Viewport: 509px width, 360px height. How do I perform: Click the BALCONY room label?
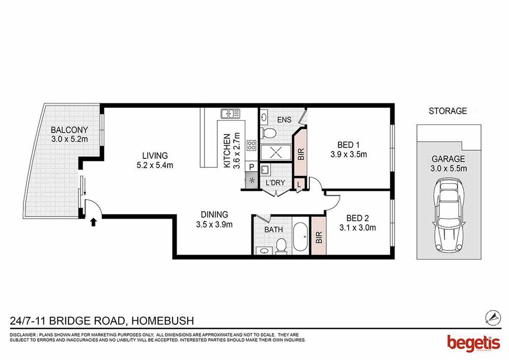click(x=69, y=130)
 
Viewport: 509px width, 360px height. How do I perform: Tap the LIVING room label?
click(x=155, y=155)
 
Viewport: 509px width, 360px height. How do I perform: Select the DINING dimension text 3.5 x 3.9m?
click(x=214, y=225)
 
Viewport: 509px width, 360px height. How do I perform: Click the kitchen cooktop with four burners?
click(x=251, y=145)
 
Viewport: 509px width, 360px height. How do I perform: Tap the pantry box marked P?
click(x=251, y=167)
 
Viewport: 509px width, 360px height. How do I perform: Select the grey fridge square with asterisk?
click(x=251, y=180)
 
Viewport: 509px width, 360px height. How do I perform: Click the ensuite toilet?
click(x=268, y=133)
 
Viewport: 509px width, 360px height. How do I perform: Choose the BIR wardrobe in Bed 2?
click(x=319, y=236)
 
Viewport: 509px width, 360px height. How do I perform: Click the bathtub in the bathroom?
click(x=301, y=237)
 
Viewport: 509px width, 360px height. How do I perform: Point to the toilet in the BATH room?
click(x=281, y=245)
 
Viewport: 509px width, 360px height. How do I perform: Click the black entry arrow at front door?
click(x=94, y=222)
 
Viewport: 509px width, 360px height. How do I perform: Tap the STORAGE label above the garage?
click(x=447, y=111)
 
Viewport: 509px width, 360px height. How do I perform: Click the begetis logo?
click(x=473, y=343)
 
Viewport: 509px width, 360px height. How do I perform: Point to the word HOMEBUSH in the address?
click(x=163, y=321)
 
